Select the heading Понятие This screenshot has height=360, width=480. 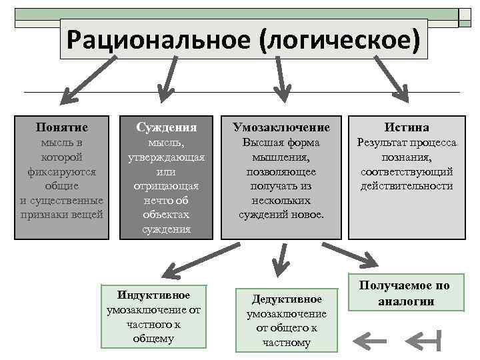pos(62,127)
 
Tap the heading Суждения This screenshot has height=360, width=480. pos(166,127)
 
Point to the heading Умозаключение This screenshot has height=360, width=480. pos(281,127)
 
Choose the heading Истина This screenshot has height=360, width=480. pos(406,127)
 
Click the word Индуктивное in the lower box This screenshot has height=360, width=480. pos(153,295)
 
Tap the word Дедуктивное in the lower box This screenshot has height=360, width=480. pos(287,299)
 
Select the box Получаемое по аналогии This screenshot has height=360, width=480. pos(405,293)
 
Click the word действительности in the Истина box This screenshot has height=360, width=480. pos(407,186)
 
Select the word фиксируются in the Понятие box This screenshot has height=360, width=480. pos(62,171)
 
